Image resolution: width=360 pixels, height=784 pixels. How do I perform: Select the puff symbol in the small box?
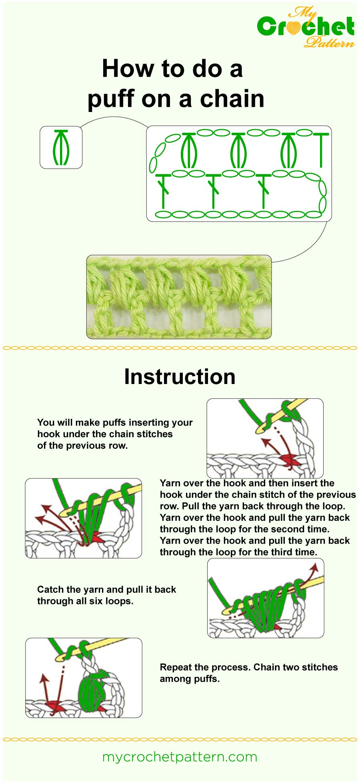61,148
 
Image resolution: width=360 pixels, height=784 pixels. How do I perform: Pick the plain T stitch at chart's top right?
321,150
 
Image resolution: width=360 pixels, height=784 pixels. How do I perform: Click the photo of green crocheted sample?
179,297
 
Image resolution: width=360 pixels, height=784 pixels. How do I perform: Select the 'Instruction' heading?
180,377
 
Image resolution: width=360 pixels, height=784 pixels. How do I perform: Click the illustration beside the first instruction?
265,438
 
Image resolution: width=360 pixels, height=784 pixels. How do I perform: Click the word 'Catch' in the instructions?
50,590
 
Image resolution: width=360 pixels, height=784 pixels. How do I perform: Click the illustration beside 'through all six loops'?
266,598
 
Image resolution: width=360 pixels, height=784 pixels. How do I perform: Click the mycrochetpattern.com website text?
180,757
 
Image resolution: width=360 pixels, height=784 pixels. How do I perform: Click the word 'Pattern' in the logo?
329,42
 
